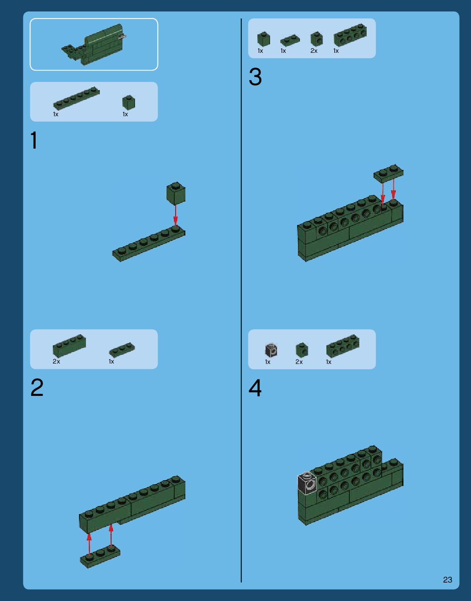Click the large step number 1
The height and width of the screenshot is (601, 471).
tap(34, 140)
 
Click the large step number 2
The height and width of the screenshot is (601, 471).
tap(37, 387)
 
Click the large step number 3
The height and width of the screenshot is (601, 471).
tap(255, 77)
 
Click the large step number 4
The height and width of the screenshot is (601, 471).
tap(255, 388)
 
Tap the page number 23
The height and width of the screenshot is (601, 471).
tap(448, 579)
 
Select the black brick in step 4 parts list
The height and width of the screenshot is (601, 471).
tap(271, 350)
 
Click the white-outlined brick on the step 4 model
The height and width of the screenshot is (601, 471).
tap(307, 483)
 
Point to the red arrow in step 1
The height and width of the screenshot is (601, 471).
tap(175, 215)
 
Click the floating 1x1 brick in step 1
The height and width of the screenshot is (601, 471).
tap(176, 193)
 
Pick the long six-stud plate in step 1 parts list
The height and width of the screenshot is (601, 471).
tap(76, 98)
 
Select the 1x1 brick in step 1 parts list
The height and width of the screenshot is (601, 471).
tap(128, 102)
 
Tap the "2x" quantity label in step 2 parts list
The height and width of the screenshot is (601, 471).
tap(56, 362)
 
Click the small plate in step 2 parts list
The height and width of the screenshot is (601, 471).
tap(122, 350)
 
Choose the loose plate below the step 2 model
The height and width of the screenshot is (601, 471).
tap(100, 556)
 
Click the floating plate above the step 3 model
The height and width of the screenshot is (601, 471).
tap(388, 173)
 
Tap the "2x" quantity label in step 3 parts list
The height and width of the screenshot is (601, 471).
tap(314, 51)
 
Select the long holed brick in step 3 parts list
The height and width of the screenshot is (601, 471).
tap(350, 35)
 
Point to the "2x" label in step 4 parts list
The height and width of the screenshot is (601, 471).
tap(299, 362)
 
